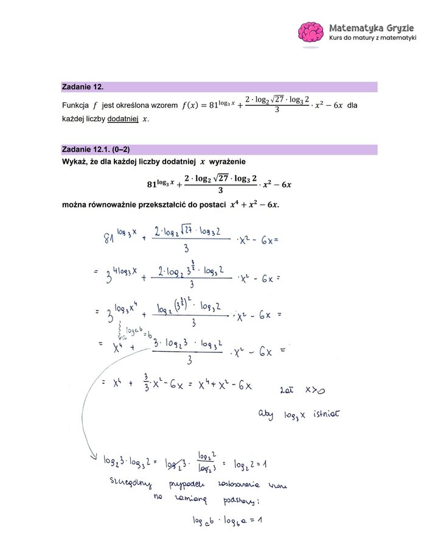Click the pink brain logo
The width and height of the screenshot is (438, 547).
click(311, 33)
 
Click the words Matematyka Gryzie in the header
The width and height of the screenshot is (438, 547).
click(372, 27)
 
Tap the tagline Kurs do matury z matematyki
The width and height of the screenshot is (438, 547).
click(372, 38)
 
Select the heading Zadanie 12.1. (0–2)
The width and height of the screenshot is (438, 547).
click(96, 150)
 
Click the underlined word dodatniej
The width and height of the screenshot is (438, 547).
click(123, 119)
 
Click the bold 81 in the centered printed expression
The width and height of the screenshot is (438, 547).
click(153, 184)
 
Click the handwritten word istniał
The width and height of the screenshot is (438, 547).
click(327, 416)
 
